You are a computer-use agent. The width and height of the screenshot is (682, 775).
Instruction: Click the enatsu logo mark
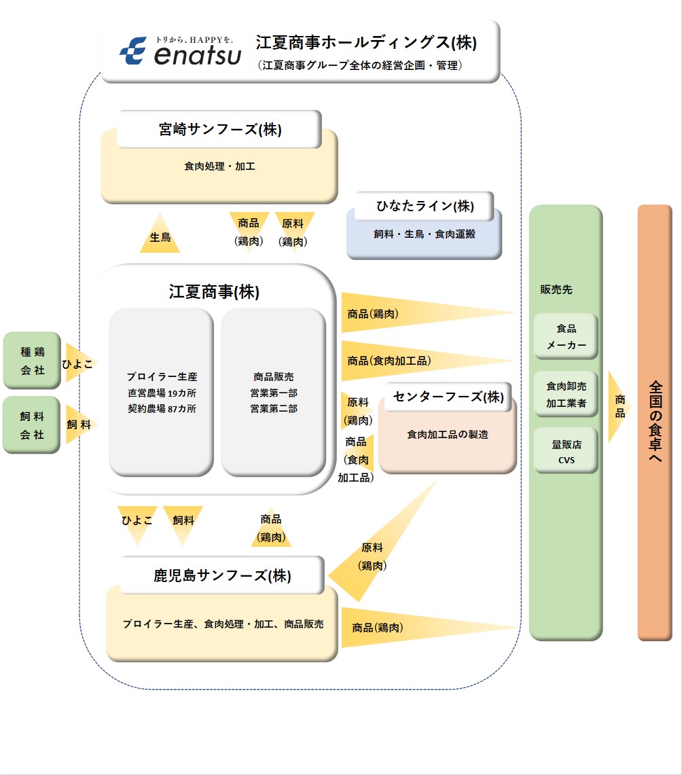(133, 51)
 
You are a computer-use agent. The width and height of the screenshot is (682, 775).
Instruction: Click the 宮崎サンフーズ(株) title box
(219, 129)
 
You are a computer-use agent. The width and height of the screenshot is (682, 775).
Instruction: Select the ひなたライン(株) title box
(425, 206)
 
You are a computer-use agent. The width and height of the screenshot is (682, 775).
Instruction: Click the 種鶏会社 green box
(32, 361)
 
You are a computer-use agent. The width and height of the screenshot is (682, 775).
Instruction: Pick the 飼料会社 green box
(32, 425)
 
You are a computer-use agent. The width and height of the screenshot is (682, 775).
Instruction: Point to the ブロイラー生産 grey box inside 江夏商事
(162, 393)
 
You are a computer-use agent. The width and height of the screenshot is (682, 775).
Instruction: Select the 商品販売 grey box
(273, 393)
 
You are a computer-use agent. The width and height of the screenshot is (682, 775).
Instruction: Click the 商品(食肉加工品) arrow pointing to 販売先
(408, 361)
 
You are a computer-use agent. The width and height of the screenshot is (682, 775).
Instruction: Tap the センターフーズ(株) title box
(448, 397)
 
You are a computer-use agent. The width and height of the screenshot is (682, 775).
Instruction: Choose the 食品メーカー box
(566, 336)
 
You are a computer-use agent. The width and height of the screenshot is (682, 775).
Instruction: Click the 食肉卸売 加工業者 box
(566, 394)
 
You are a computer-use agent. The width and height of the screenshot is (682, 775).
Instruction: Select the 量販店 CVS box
(566, 451)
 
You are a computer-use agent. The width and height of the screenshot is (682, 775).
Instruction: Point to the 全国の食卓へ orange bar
(655, 422)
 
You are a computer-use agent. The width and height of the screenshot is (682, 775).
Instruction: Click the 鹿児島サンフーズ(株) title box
(222, 575)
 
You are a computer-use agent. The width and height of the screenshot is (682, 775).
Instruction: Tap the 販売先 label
(556, 289)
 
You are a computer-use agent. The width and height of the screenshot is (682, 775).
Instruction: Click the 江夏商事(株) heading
(214, 292)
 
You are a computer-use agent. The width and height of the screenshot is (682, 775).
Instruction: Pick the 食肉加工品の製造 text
(448, 435)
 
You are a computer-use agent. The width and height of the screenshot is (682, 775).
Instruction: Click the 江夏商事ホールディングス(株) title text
(366, 43)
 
